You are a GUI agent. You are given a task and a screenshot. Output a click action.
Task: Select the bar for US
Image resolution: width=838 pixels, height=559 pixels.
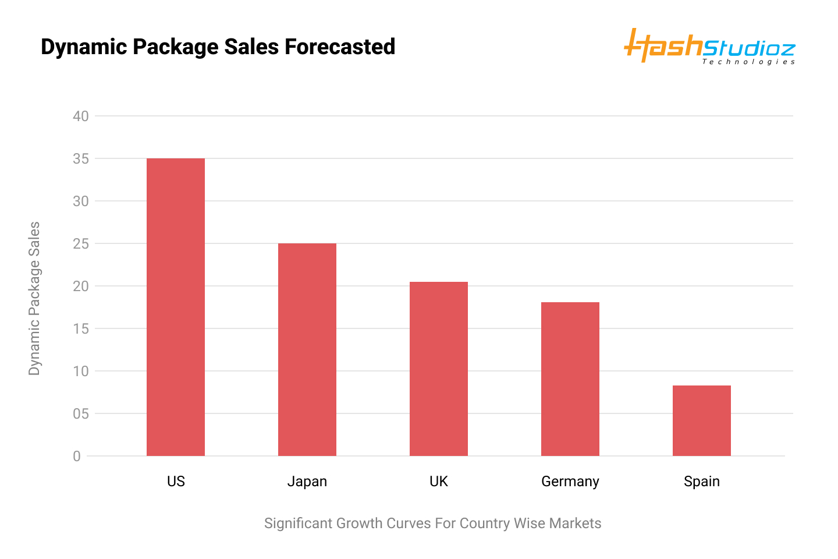tap(175, 307)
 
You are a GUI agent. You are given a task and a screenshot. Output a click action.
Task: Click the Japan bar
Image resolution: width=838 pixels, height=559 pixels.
tap(307, 349)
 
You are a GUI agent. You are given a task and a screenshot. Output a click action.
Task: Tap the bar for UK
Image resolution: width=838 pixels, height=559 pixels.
tap(438, 369)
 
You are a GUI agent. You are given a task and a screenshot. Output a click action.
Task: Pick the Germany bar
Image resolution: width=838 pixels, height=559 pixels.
tap(570, 378)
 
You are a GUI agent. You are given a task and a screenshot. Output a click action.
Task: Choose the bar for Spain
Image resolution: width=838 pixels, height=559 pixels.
tap(701, 420)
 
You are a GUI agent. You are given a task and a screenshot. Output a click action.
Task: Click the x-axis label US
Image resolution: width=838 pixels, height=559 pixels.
tap(176, 482)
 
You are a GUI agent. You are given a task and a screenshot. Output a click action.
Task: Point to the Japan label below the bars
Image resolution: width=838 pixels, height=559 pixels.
tap(307, 482)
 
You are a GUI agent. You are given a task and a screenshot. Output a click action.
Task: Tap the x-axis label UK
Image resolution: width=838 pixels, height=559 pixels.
tap(439, 482)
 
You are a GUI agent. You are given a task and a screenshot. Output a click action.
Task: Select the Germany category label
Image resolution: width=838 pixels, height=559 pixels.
tap(570, 482)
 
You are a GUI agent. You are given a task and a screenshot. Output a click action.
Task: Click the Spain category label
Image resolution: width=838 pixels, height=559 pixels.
tap(702, 482)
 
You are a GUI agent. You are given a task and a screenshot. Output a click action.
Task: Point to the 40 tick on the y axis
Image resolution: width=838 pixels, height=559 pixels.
tap(81, 116)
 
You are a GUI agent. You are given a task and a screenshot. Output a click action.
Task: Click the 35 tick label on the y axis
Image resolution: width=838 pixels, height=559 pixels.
tap(81, 158)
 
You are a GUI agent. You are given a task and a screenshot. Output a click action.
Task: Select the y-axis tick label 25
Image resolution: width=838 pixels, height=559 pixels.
tap(81, 243)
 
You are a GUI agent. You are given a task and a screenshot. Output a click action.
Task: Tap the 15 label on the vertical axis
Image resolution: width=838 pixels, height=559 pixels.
tap(81, 328)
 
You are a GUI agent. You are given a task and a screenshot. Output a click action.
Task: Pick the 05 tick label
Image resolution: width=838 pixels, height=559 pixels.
tap(81, 413)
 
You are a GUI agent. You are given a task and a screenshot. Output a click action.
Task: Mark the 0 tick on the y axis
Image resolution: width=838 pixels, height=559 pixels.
tap(77, 456)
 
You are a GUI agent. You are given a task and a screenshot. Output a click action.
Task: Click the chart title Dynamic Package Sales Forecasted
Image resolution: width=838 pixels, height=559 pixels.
tap(218, 47)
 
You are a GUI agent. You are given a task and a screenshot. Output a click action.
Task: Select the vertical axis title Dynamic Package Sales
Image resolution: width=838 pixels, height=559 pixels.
tap(34, 298)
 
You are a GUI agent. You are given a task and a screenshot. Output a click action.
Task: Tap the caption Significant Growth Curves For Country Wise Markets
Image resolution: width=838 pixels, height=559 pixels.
tap(432, 523)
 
